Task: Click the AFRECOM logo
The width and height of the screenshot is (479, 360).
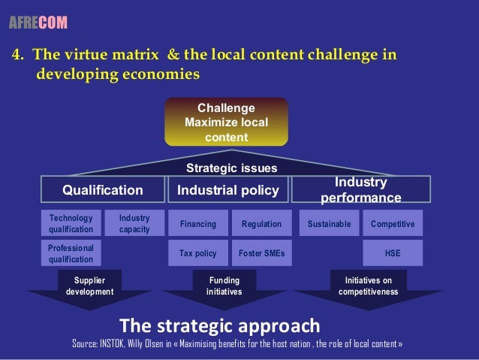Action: (x=38, y=23)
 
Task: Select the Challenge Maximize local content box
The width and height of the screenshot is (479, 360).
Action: (x=226, y=121)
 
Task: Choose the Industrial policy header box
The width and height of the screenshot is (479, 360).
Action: (x=227, y=190)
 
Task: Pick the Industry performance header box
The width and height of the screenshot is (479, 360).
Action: (x=360, y=190)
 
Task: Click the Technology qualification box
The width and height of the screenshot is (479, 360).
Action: (x=71, y=223)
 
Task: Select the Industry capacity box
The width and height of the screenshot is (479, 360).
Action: (x=134, y=223)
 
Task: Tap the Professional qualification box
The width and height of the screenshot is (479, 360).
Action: (x=71, y=253)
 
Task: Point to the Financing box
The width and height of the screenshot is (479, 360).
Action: (x=197, y=224)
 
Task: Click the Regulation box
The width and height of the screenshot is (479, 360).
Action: (x=261, y=224)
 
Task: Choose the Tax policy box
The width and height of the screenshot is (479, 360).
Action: (x=197, y=253)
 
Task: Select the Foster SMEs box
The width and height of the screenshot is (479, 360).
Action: (x=261, y=253)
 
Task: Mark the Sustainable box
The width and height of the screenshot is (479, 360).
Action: (x=329, y=224)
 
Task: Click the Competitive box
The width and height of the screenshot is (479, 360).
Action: (x=392, y=224)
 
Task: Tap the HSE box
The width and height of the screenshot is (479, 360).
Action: (x=392, y=253)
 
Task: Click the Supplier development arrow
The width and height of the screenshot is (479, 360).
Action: (x=89, y=289)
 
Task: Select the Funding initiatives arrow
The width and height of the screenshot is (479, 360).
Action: (x=224, y=289)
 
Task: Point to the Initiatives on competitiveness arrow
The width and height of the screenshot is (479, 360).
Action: (x=368, y=289)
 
